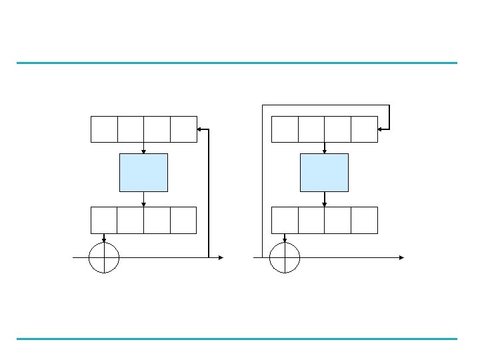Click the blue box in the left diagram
point(143,172)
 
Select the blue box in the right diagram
point(324,172)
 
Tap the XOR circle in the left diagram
point(104,257)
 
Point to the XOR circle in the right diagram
point(285,257)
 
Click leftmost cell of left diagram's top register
point(104,129)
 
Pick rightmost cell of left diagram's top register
point(183,129)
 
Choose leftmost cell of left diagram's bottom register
point(104,220)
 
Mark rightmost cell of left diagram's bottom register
point(183,220)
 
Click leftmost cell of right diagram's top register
point(285,129)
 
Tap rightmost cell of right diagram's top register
point(364,129)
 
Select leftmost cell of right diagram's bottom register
point(285,220)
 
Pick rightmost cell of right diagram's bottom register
point(364,220)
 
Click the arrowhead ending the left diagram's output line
point(220,257)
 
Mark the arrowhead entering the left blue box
point(143,151)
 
